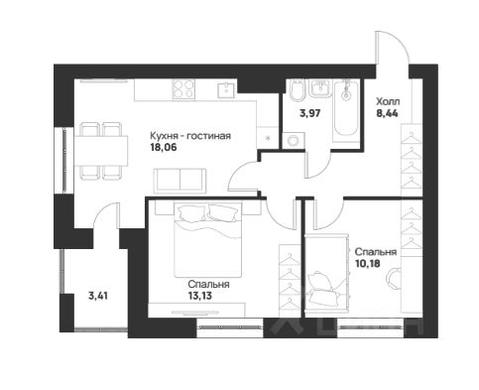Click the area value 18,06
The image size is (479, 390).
pyautogui.click(x=164, y=147)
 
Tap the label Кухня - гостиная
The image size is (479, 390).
pyautogui.click(x=190, y=136)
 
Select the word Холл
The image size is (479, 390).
pyautogui.click(x=388, y=101)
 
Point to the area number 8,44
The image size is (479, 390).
pyautogui.click(x=387, y=113)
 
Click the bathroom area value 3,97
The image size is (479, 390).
pyautogui.click(x=309, y=113)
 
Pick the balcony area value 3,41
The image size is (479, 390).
pyautogui.click(x=98, y=296)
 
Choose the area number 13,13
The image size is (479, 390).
pyautogui.click(x=199, y=296)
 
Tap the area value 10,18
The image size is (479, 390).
pyautogui.click(x=367, y=264)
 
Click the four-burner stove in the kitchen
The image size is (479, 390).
pyautogui.click(x=183, y=89)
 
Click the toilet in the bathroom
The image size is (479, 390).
pyautogui.click(x=297, y=90)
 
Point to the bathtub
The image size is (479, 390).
pyautogui.click(x=346, y=111)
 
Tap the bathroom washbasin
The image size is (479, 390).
pyautogui.click(x=319, y=88)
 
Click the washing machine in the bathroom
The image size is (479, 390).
pyautogui.click(x=294, y=141)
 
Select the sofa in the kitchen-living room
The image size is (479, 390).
pyautogui.click(x=180, y=181)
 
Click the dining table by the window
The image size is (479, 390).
pyautogui.click(x=101, y=152)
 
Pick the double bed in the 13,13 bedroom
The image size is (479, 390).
pyautogui.click(x=208, y=239)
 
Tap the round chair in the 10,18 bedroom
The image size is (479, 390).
pyautogui.click(x=394, y=279)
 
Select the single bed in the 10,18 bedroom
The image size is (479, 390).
pyautogui.click(x=326, y=273)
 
